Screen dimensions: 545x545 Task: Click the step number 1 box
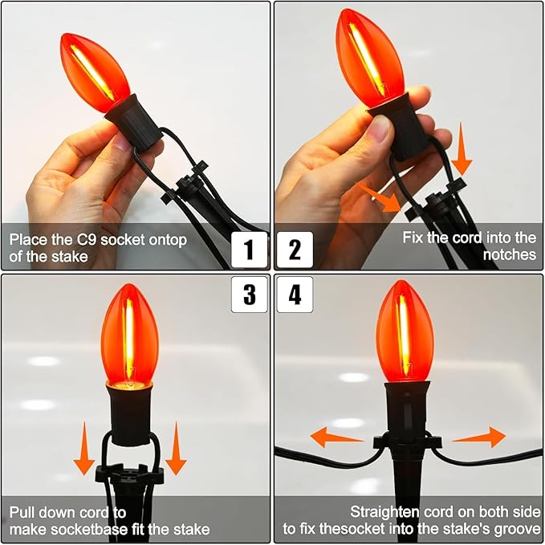point(249,250)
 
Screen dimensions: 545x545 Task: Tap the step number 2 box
point(295,250)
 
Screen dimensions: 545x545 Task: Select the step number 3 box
point(249,295)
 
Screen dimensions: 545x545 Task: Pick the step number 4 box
point(295,295)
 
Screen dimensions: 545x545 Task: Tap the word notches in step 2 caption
point(510,254)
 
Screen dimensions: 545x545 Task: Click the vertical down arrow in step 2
point(462,149)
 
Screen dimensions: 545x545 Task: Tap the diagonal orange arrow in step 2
point(379,197)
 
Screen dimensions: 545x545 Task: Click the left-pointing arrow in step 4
point(336,437)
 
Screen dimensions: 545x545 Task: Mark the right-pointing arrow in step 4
point(478,437)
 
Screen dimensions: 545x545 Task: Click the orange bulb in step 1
point(95,72)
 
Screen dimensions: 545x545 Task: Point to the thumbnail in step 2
point(381,130)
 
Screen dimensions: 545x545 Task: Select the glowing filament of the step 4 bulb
point(404,334)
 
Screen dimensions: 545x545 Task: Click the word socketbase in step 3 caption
point(89,530)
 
